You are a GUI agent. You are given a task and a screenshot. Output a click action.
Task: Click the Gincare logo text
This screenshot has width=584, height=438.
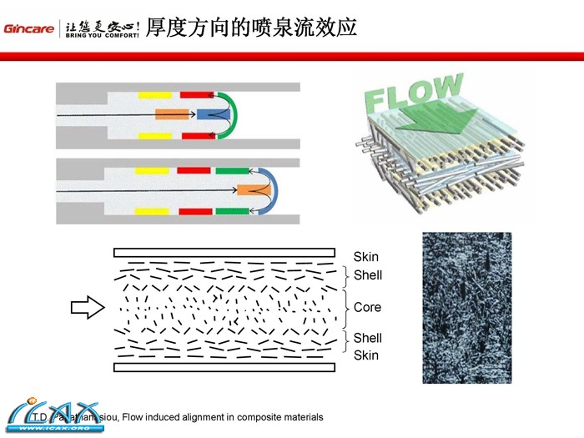[28, 28]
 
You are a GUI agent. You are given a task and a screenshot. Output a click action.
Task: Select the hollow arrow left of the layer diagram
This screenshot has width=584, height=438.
[85, 308]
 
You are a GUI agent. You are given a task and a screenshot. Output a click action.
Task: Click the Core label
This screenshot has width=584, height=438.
[367, 307]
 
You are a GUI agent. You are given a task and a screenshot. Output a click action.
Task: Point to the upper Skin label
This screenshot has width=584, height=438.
[365, 257]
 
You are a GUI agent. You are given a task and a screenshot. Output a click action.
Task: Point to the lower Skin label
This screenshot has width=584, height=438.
[365, 355]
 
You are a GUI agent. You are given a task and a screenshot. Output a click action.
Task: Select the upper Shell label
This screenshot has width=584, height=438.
[367, 275]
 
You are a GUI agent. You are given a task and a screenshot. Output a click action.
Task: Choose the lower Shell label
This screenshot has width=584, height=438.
[367, 338]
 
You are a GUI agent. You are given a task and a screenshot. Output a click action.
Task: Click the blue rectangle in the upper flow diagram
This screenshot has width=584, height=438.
[208, 113]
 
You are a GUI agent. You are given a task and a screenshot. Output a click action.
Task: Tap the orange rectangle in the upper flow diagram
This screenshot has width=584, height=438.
[170, 113]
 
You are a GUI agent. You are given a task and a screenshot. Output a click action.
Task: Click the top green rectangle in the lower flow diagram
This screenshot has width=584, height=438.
[232, 171]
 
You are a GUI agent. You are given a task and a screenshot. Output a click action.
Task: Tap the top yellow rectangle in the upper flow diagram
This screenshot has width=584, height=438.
[155, 93]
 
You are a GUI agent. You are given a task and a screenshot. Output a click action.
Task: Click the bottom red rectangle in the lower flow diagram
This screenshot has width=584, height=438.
[194, 211]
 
